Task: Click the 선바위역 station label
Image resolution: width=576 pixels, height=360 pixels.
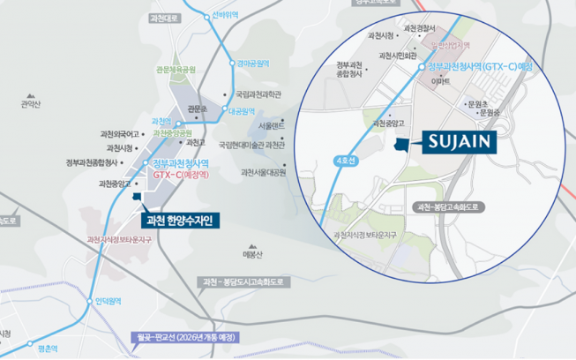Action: pos(225,15)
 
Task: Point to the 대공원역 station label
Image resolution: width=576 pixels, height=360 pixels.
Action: pos(241,111)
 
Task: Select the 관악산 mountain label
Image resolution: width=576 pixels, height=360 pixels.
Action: pos(31,103)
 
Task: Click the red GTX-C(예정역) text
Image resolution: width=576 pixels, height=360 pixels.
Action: pos(179,175)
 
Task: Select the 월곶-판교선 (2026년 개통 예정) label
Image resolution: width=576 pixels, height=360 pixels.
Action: pos(183,337)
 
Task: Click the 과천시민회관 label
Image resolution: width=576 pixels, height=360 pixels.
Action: pos(398,56)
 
